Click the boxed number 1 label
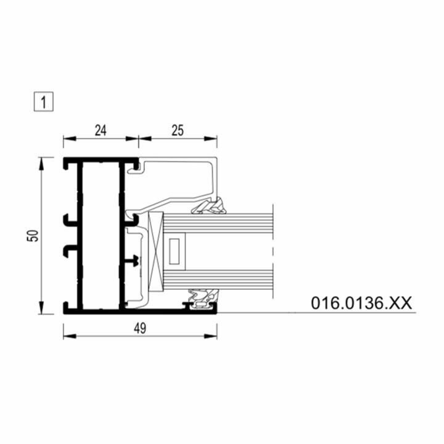tap(44, 102)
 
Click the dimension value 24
tap(101, 131)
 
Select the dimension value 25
tap(178, 130)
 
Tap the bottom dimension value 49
tap(140, 329)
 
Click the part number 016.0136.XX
tap(361, 303)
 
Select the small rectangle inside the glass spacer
tap(174, 251)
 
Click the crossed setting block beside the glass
tap(156, 252)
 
